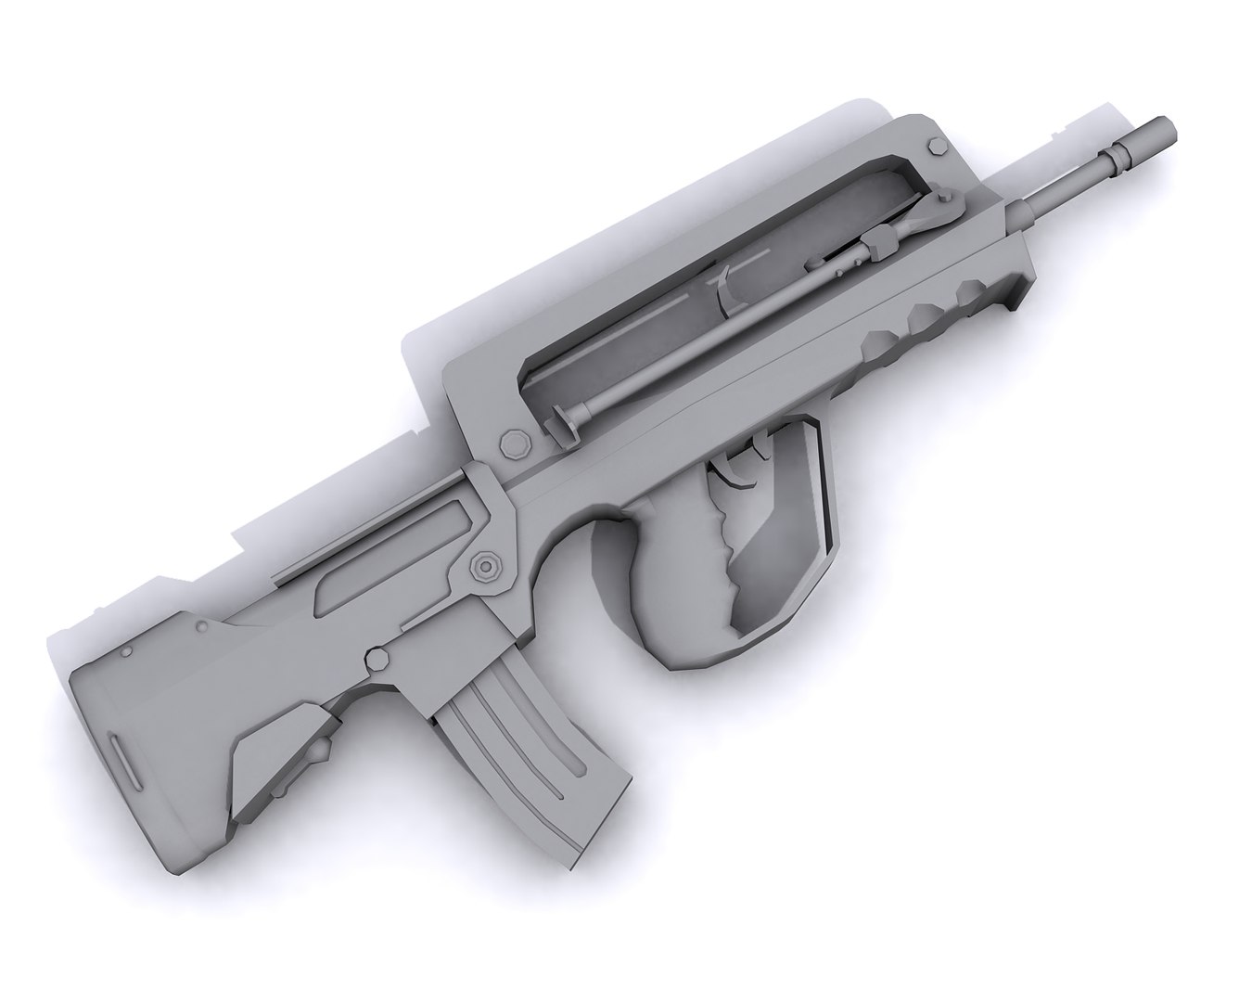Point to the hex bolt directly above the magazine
[377, 658]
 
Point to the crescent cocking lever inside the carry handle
[723, 283]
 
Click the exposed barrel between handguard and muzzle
[1067, 186]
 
